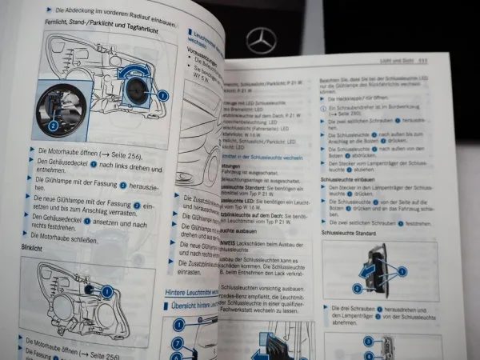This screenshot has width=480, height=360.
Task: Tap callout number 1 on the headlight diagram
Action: [x=162, y=94]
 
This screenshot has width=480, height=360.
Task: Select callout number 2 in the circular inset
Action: [x=52, y=126]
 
